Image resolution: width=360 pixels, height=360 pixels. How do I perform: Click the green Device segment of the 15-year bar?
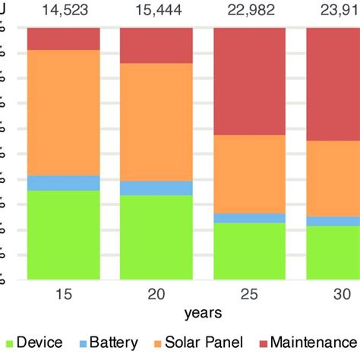click(x=64, y=234)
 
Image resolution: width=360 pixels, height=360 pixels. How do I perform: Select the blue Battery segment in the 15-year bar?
click(x=64, y=182)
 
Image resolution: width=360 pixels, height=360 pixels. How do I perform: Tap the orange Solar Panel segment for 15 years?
click(x=64, y=112)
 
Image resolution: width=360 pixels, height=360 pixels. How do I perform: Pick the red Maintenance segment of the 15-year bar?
click(x=64, y=39)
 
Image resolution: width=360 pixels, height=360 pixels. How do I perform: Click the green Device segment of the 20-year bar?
click(x=156, y=237)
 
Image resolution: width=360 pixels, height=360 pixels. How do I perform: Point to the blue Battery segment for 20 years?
click(x=156, y=188)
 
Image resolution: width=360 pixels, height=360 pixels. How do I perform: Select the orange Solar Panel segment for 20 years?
click(x=156, y=122)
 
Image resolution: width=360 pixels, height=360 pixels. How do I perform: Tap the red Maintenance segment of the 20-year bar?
click(x=156, y=45)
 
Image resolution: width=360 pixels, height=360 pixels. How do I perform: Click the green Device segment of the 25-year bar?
click(x=250, y=251)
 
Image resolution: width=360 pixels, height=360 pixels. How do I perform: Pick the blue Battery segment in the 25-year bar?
click(x=250, y=218)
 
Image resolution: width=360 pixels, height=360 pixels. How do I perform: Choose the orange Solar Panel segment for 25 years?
click(x=250, y=174)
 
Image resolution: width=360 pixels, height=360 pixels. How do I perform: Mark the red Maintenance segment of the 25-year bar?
click(x=250, y=81)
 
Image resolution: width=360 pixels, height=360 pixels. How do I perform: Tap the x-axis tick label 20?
click(x=156, y=294)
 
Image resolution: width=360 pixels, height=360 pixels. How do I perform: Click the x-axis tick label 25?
click(x=250, y=294)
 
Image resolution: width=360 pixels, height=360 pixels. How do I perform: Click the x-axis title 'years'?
click(x=202, y=312)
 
